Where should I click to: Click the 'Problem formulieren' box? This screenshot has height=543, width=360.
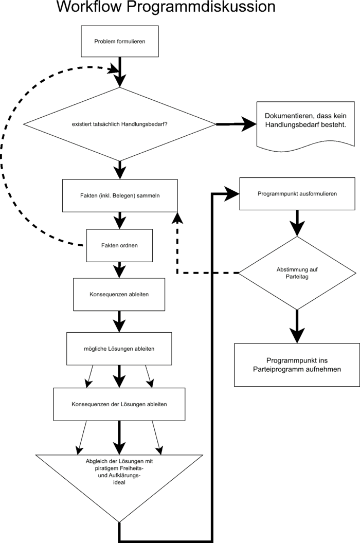(119, 41)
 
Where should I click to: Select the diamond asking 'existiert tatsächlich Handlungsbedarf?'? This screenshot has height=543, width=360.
(119, 124)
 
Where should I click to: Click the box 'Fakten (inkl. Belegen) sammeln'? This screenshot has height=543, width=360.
(120, 196)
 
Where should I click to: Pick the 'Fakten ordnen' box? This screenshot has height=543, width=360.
(119, 245)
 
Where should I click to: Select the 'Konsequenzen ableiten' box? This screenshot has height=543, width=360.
(119, 295)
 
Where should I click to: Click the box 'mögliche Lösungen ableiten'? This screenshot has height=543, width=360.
(119, 349)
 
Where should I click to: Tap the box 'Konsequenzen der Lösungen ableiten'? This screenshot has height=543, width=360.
(119, 404)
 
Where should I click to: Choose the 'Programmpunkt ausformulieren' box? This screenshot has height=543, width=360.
(297, 194)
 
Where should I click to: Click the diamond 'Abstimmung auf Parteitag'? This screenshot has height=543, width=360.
(297, 273)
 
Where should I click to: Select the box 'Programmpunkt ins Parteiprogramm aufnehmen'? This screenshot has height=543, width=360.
(297, 365)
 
